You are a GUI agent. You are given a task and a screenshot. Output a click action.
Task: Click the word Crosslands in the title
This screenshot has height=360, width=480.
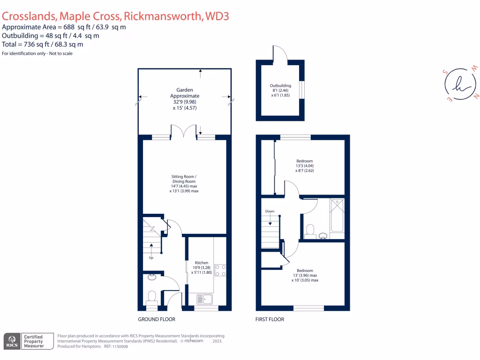(x=29, y=16)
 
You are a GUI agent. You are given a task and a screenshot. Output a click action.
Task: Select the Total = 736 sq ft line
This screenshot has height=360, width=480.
(x=43, y=45)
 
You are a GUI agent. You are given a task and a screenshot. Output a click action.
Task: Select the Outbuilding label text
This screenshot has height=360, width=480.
(x=280, y=86)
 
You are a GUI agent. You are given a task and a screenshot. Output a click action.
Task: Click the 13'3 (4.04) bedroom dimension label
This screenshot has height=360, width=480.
(x=304, y=166)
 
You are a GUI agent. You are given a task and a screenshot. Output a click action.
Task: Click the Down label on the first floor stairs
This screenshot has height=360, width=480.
(x=270, y=211)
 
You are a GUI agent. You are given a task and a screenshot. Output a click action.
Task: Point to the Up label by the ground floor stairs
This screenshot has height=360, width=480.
(x=151, y=258)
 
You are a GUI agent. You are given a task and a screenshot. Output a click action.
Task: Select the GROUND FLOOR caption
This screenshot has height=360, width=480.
(x=157, y=319)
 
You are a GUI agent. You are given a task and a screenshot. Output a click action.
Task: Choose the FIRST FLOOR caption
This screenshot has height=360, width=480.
(x=270, y=319)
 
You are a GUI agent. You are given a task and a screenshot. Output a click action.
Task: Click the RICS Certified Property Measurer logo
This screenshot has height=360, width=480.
(x=24, y=341)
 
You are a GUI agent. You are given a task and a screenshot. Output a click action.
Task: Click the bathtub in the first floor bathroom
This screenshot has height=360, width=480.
(x=337, y=215)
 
